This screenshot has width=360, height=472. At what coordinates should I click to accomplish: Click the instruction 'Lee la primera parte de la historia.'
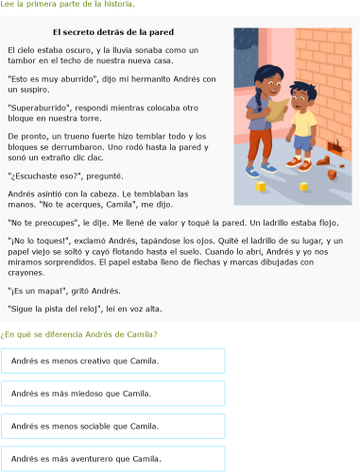[x=67, y=5]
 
